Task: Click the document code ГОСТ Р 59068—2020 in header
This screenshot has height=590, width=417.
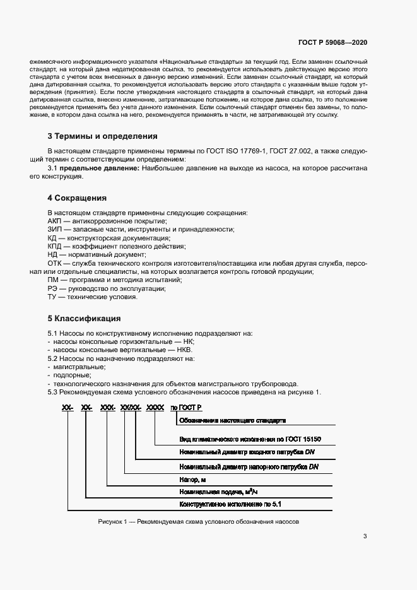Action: coord(332,43)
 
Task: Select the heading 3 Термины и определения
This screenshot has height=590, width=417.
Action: coord(102,136)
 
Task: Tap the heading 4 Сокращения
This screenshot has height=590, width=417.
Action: coord(77,198)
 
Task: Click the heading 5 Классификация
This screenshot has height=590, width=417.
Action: coord(84,318)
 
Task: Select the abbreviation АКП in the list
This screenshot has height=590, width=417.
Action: coord(55,221)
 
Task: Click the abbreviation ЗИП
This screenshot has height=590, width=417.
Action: coord(55,230)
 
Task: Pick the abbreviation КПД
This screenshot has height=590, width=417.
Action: coord(56,247)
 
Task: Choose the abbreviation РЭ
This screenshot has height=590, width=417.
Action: coord(53,288)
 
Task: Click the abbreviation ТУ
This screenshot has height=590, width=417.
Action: coord(53,297)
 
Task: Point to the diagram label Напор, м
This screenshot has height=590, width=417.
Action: coord(193,479)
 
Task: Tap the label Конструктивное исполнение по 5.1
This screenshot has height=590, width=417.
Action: coord(230,504)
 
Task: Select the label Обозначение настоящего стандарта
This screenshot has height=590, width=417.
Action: coord(233,420)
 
